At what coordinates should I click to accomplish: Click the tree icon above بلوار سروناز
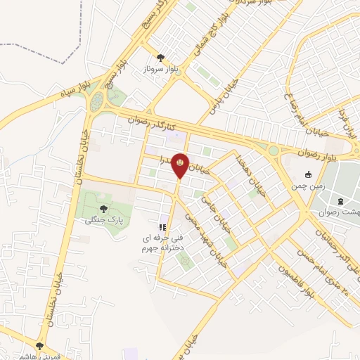(161, 58)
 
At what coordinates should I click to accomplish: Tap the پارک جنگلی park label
(105, 219)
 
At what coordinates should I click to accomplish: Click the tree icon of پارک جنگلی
(105, 208)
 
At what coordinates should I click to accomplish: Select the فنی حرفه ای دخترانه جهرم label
(162, 243)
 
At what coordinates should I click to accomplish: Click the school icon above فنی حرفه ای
(162, 228)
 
